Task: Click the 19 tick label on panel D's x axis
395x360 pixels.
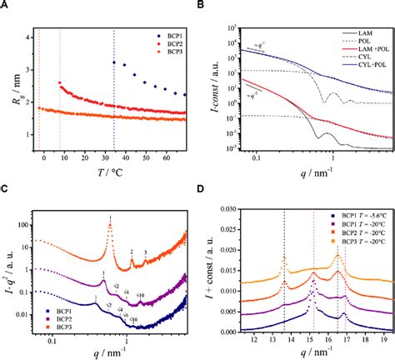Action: click(382, 340)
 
